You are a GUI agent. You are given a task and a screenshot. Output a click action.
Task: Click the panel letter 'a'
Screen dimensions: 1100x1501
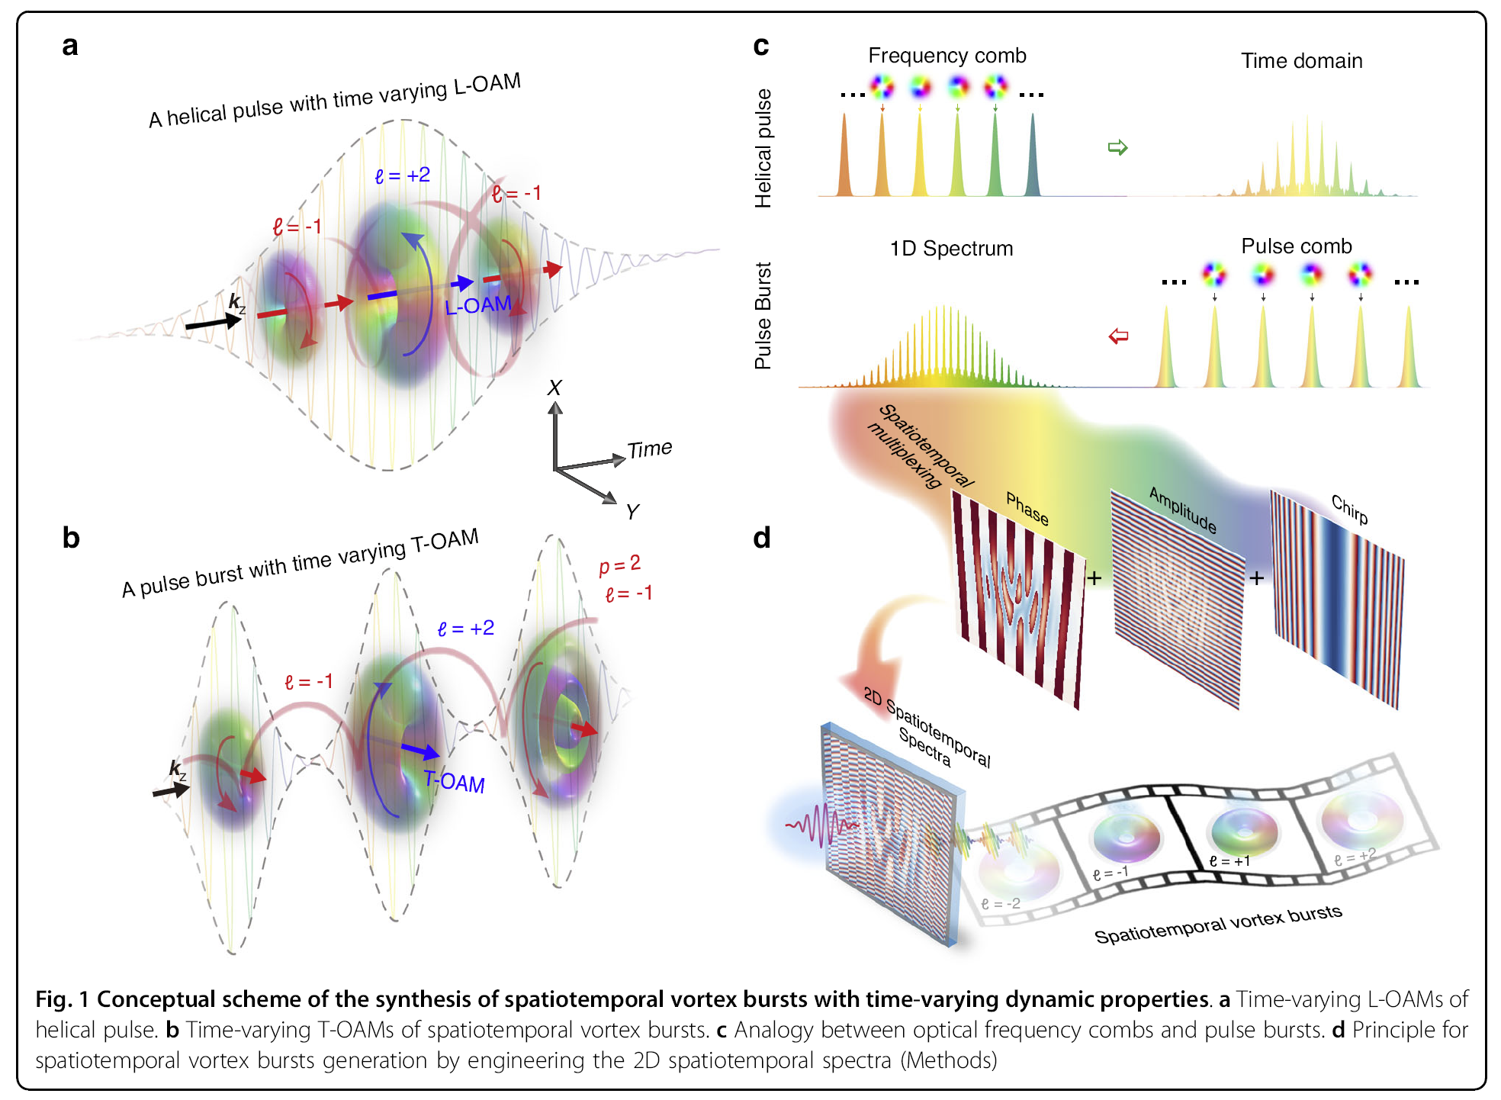tap(70, 46)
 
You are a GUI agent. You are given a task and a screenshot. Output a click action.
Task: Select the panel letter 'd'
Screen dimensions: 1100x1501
tap(761, 538)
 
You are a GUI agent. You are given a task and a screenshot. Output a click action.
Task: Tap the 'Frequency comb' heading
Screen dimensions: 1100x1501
tap(947, 56)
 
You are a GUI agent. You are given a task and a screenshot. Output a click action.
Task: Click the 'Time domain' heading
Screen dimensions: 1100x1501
tap(1301, 61)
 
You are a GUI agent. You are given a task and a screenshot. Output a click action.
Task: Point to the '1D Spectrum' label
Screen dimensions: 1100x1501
tap(951, 249)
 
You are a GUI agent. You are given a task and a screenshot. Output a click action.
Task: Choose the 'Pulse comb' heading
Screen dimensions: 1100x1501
tap(1296, 246)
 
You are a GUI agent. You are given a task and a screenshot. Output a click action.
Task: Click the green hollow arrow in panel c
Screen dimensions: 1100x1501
tap(1117, 147)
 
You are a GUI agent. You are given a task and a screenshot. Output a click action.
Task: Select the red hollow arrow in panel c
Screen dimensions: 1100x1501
tap(1118, 336)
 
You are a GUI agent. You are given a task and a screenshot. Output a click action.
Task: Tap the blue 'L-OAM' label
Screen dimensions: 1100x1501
tap(477, 306)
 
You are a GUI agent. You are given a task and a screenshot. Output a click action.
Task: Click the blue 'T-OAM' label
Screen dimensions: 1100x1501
tap(455, 781)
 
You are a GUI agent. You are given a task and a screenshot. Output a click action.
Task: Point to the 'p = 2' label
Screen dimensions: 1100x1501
tap(619, 564)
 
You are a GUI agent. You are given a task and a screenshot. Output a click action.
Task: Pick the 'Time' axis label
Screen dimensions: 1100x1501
tap(649, 449)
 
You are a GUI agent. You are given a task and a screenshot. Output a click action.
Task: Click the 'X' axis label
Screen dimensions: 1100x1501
tap(554, 388)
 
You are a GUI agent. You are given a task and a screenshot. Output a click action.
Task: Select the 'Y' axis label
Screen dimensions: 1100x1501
tap(632, 512)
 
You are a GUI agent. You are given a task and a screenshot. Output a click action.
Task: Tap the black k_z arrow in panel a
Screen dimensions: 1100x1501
tap(213, 323)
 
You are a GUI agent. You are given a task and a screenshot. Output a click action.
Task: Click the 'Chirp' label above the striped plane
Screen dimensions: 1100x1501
tap(1349, 509)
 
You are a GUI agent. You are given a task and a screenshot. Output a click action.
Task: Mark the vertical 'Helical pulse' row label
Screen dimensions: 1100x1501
tap(763, 148)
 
